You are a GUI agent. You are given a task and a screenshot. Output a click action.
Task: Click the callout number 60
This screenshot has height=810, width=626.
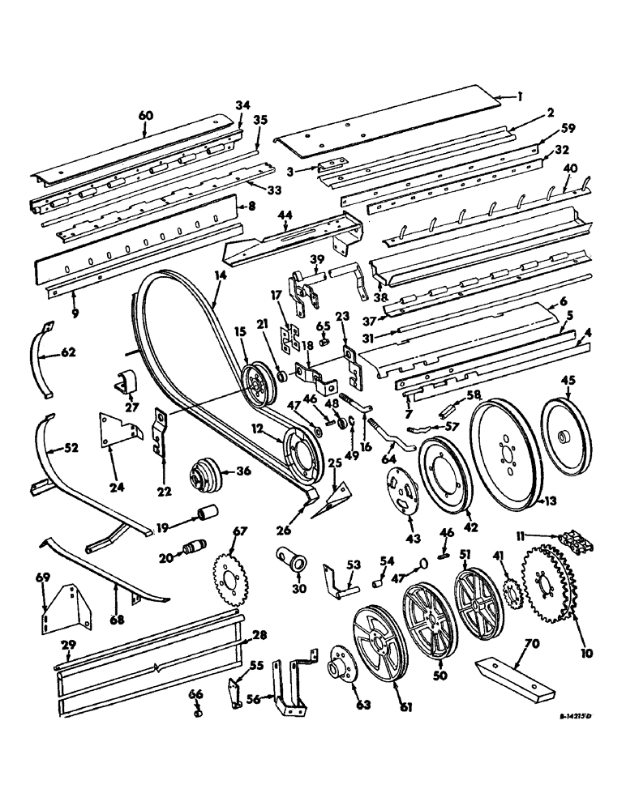[145, 116]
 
